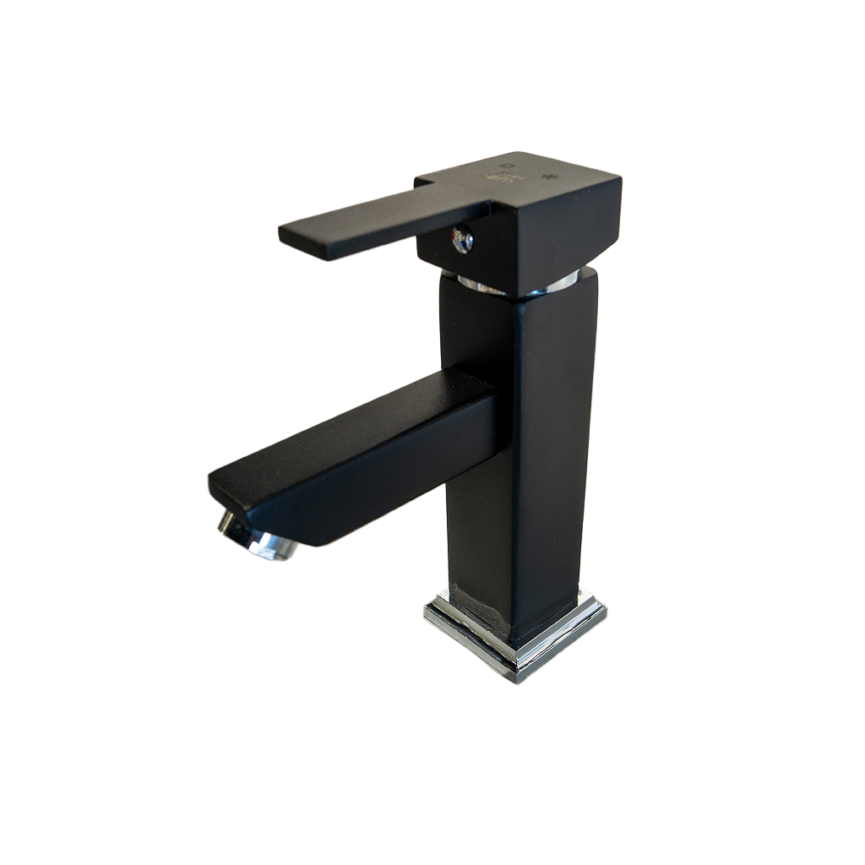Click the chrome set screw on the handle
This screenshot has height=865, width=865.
point(462,240)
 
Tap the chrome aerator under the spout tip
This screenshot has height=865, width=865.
point(258,538)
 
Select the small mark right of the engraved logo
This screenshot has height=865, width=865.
point(554,177)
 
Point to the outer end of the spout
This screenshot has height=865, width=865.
point(224,490)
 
